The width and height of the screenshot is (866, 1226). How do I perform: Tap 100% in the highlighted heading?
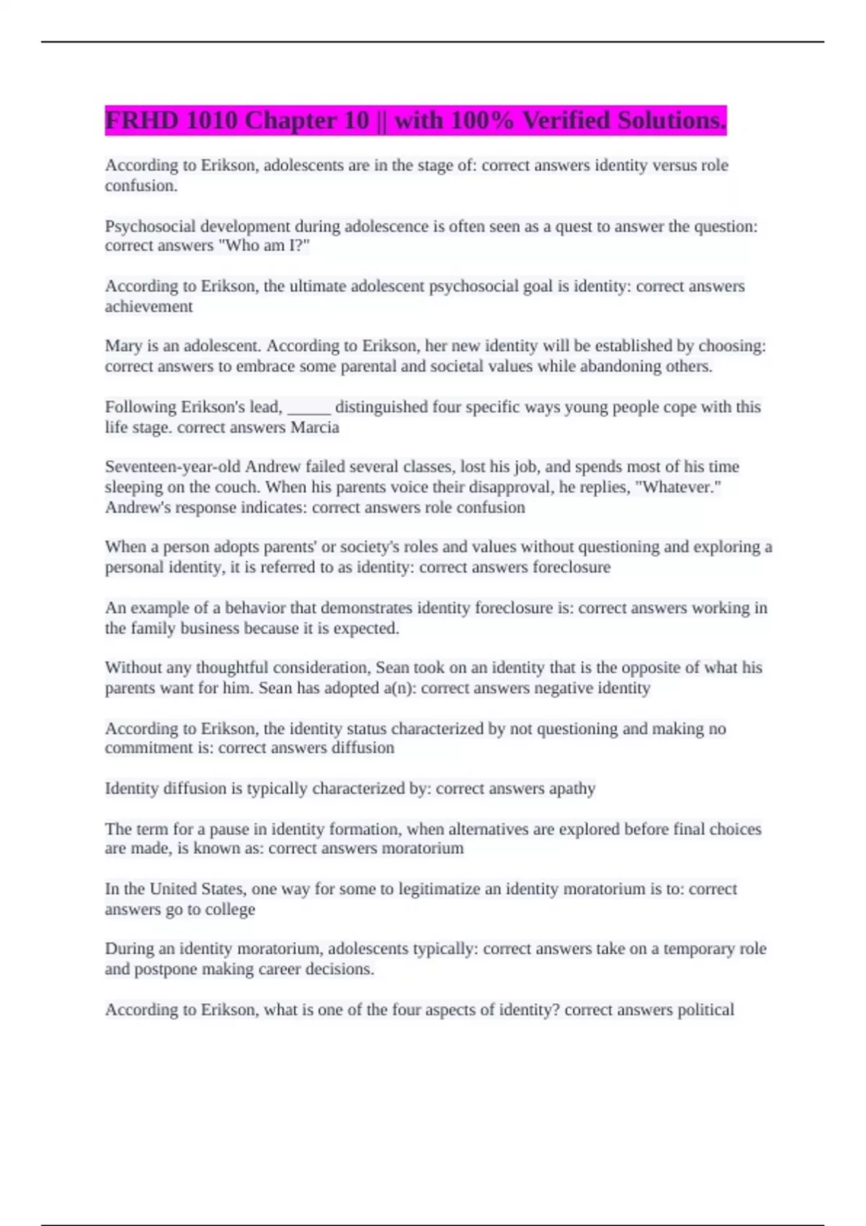click(x=481, y=120)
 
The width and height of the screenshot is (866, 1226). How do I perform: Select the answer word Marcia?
click(x=315, y=428)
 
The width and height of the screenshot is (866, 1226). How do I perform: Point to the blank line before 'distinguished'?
click(x=309, y=408)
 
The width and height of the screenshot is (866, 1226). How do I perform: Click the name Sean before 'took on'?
click(x=392, y=668)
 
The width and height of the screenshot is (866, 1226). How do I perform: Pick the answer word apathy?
click(x=572, y=788)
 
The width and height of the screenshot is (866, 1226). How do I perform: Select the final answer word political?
click(x=705, y=1010)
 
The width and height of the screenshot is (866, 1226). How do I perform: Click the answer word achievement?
click(x=149, y=306)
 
